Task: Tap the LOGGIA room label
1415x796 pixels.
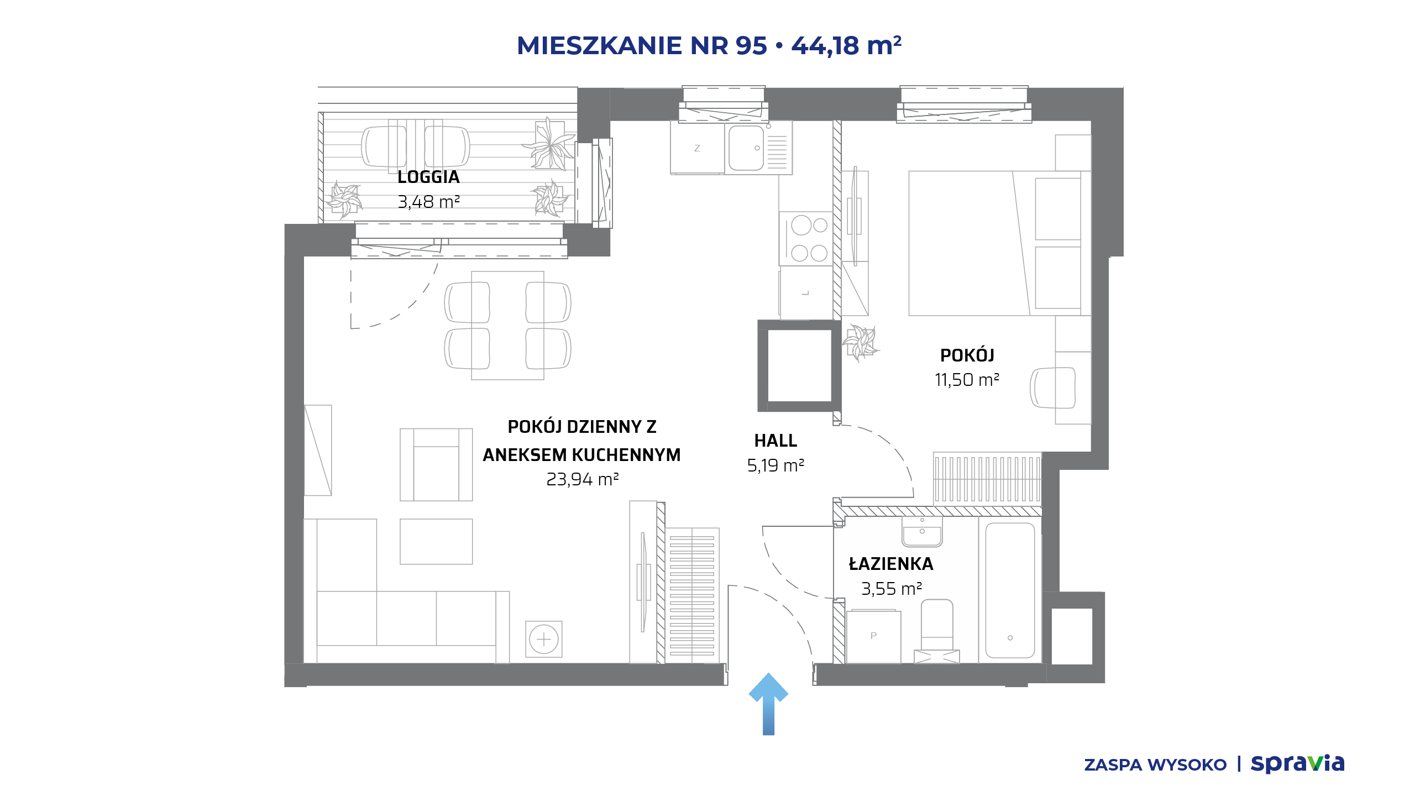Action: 428,177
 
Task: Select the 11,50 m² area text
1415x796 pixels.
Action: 967,380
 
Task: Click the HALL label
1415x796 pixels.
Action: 775,441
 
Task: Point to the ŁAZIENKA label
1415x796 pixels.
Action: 891,564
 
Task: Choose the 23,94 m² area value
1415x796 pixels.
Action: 582,479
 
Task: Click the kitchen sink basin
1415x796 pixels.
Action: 746,148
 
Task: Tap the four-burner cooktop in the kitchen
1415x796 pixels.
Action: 806,239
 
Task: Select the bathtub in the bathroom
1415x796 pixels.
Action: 1010,590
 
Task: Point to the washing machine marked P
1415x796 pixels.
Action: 873,636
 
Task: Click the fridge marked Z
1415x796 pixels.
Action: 697,148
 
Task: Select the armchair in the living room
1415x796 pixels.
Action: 436,465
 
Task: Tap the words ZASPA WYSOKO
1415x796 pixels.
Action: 1155,765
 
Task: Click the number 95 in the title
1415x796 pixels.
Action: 751,45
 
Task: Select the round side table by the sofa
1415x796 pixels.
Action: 544,639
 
